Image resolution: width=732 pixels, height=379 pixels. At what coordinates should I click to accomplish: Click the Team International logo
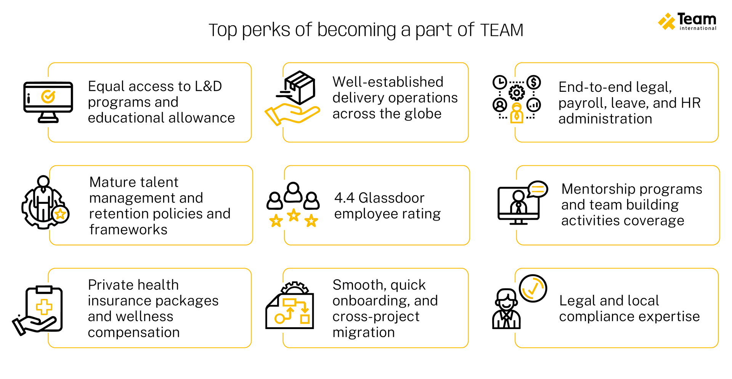tap(687, 21)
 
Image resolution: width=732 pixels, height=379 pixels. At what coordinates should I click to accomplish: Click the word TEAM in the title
tap(502, 30)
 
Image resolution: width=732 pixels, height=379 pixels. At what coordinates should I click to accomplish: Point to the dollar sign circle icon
tap(534, 82)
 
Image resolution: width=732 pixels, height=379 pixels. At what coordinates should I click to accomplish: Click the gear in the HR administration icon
tap(517, 93)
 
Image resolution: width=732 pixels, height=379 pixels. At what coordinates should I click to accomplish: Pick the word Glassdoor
tap(391, 198)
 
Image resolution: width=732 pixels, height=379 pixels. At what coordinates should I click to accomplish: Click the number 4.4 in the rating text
tap(344, 198)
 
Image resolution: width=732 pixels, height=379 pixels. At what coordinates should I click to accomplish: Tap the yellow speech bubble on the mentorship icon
tap(538, 189)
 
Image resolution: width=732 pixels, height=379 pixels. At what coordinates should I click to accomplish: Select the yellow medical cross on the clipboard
tap(44, 307)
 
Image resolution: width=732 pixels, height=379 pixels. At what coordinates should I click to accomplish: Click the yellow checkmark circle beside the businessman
tap(533, 288)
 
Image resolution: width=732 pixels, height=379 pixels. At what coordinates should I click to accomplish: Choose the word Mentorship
tap(600, 189)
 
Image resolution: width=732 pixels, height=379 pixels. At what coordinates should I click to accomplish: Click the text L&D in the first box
tap(208, 86)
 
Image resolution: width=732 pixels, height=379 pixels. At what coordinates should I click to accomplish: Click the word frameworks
tap(128, 230)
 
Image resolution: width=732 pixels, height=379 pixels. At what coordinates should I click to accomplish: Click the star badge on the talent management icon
tap(60, 214)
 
